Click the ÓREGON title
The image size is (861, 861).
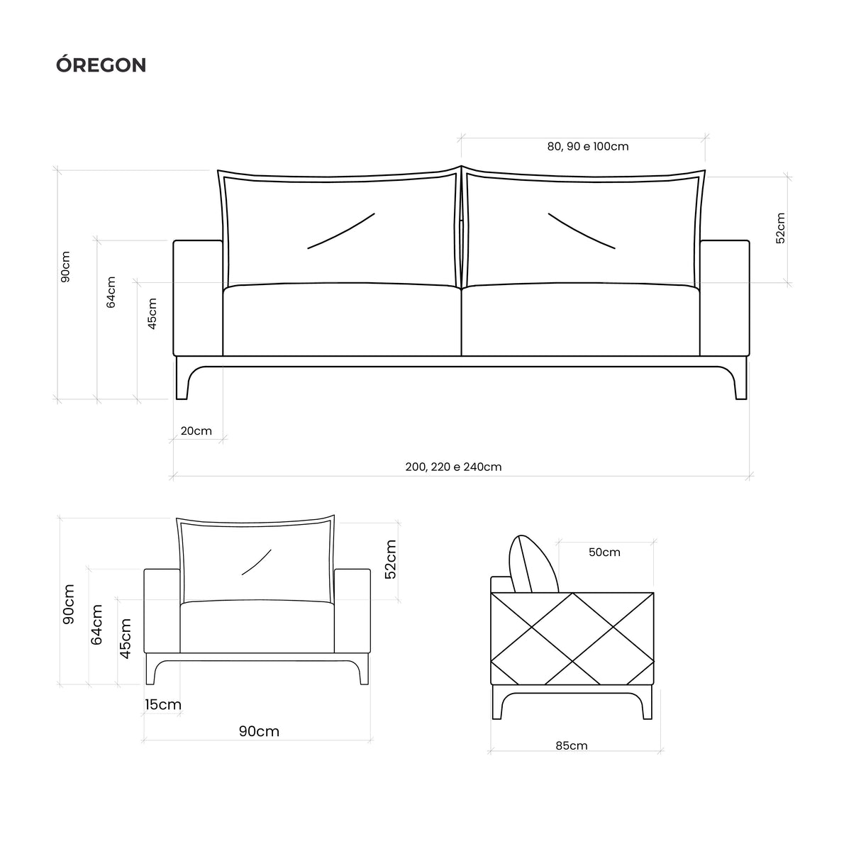point(101,65)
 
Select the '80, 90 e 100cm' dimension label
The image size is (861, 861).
point(587,147)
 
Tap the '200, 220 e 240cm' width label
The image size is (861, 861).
point(453,467)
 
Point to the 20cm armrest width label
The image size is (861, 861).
point(196,430)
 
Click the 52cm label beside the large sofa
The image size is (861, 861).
point(780,227)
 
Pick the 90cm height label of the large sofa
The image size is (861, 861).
point(65,266)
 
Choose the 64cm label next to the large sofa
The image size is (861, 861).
point(111,291)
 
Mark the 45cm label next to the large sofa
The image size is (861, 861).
point(152,312)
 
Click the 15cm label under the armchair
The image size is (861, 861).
point(162,704)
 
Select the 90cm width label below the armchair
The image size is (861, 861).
point(259,731)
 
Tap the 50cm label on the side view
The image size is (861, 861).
point(604,552)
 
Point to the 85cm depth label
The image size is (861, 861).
point(571,745)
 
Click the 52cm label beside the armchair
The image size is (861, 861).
point(390,559)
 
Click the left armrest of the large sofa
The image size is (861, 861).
point(198,298)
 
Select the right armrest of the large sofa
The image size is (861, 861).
point(724,298)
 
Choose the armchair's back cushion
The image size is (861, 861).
point(257,560)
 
